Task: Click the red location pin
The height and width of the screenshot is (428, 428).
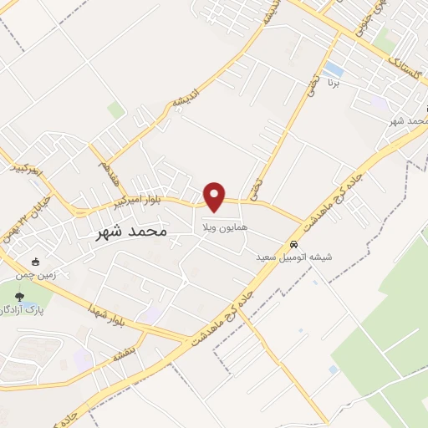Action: coord(215,195)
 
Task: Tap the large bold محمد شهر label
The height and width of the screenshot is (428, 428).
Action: coord(128,230)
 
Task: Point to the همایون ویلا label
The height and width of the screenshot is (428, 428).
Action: coord(221,227)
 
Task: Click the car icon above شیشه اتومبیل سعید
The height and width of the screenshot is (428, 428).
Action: coord(293,244)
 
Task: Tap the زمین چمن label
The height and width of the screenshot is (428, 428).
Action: coord(33,274)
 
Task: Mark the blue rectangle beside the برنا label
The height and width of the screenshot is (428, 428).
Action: coord(334,68)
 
